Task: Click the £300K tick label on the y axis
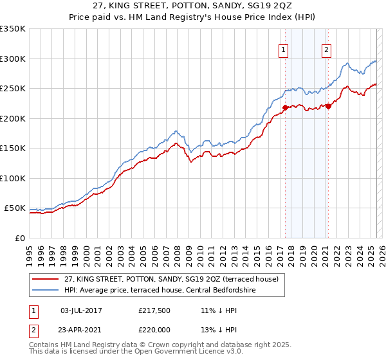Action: (x=12, y=59)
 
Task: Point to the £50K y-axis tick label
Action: (x=15, y=208)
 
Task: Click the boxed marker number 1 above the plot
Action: (x=284, y=50)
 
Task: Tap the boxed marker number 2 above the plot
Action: (x=326, y=50)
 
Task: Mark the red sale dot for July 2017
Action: (x=285, y=107)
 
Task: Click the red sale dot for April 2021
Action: (x=328, y=106)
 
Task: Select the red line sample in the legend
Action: (x=45, y=279)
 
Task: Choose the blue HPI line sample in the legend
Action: (x=45, y=290)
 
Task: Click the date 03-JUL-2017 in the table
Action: (x=82, y=310)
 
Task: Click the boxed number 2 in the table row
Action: (x=33, y=328)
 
